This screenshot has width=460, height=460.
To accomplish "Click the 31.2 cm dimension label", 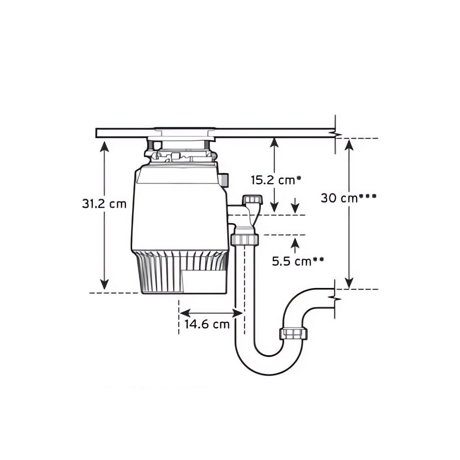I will pos(104,204).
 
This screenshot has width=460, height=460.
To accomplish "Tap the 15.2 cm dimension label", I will pos(272,180).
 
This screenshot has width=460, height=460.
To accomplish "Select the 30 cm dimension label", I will pos(339,198).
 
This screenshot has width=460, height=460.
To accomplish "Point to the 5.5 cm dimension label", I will pos(291,261).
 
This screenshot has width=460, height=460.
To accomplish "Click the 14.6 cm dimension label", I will pos(207,324).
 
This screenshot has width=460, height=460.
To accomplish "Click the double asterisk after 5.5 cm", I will pos(318,259).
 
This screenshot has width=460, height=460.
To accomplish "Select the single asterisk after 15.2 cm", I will pos(299,177).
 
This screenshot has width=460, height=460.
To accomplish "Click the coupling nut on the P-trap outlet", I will pos(293,334).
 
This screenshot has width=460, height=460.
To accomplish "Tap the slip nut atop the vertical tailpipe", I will pos(244,239).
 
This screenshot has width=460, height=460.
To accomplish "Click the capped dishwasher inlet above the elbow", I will pos(252,200).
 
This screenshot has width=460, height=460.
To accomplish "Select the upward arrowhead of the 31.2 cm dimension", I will pos(105,146).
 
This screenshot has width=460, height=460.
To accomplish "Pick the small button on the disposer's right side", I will pos(224,179).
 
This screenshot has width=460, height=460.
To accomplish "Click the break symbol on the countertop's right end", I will pos(335,134).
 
